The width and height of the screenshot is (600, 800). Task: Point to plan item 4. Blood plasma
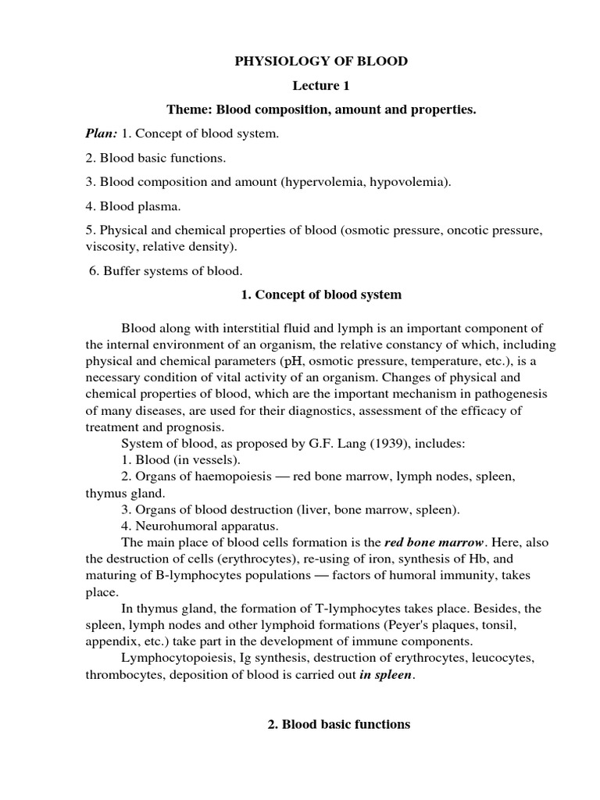pyautogui.click(x=137, y=207)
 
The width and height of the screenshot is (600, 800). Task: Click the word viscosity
pyautogui.click(x=111, y=247)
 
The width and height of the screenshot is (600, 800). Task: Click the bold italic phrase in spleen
pyautogui.click(x=384, y=675)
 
